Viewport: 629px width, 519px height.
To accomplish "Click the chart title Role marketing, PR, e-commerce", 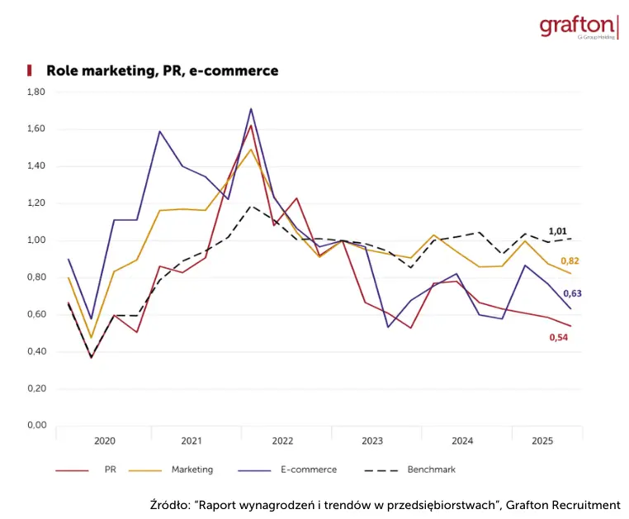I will tap(162, 71).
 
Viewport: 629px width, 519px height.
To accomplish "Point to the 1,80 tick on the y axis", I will tap(36, 92).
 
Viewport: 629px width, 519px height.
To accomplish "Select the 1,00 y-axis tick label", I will tap(36, 240).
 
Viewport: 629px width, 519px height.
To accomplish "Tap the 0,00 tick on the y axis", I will tap(36, 426).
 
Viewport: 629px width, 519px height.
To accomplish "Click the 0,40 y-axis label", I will tap(36, 351).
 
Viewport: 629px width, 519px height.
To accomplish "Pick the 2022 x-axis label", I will tap(282, 441).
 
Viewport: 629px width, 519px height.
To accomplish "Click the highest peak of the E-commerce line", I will tap(251, 108).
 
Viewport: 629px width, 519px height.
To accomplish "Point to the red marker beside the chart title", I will tap(30, 71).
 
